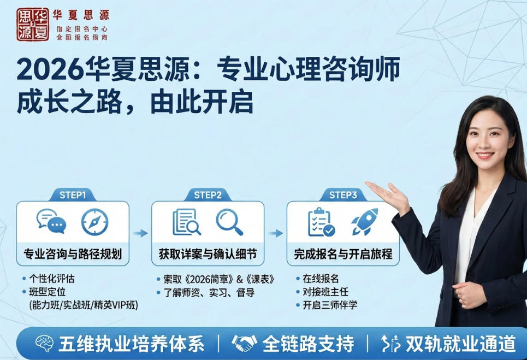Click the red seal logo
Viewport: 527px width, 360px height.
point(32,25)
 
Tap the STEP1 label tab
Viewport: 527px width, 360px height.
point(72,194)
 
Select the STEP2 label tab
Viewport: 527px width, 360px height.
point(208,194)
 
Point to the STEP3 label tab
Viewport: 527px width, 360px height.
point(343,194)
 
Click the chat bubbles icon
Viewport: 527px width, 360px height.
point(51,222)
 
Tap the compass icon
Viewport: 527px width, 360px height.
point(94,222)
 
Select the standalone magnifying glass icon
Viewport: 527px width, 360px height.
point(229,221)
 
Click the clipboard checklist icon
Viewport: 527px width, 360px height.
point(321,222)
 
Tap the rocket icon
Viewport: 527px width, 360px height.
point(364,221)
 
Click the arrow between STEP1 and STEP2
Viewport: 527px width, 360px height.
point(140,233)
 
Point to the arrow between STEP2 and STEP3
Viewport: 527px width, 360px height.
point(276,233)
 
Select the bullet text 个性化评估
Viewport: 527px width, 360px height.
point(51,279)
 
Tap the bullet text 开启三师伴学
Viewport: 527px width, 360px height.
point(330,305)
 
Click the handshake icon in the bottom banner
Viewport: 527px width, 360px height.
point(245,344)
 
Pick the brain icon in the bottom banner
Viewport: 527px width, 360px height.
point(43,344)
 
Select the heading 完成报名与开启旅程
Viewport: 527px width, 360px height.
point(343,254)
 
